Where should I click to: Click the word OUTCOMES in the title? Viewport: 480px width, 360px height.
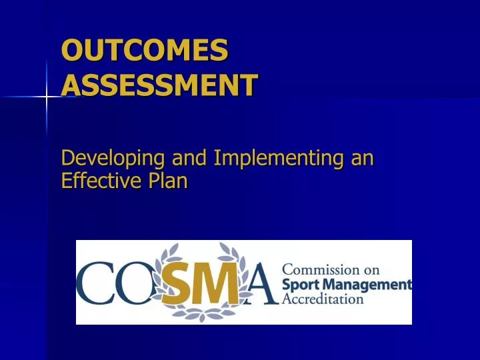point(144,51)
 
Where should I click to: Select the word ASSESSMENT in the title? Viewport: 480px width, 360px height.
point(159,85)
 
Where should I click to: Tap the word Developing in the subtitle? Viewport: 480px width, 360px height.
point(113,159)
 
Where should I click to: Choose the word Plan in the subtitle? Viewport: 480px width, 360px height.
point(168,181)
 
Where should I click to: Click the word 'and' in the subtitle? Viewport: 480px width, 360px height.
point(189,159)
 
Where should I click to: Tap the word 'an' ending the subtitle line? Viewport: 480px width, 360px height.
point(363,159)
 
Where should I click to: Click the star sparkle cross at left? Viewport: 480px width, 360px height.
point(47,97)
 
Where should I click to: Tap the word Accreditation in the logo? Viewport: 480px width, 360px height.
point(323,299)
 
